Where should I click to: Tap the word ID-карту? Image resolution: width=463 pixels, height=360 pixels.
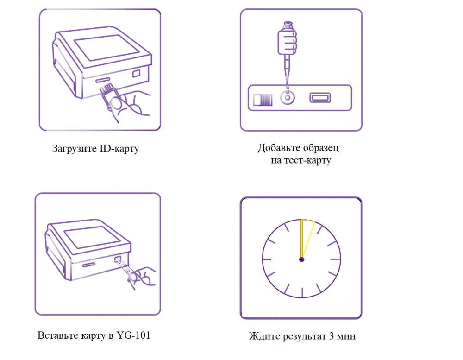[x=119, y=148]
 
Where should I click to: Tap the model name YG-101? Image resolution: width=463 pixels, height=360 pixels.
[x=133, y=335]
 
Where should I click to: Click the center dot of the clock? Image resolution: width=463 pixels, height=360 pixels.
[x=301, y=259]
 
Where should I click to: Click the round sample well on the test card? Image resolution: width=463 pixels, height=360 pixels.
[x=288, y=98]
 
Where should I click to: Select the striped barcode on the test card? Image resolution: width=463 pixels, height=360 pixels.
[x=263, y=100]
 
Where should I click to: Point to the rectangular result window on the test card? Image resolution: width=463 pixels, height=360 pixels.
[x=320, y=98]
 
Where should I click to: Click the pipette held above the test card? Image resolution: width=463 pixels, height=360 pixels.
[x=287, y=53]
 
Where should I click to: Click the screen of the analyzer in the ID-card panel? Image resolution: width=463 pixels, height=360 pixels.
[x=106, y=47]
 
